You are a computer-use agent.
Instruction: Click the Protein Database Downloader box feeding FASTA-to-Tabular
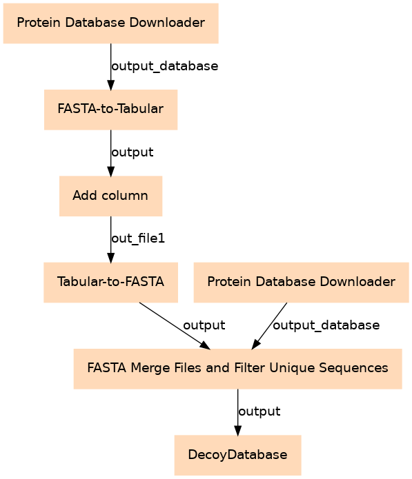(x=110, y=23)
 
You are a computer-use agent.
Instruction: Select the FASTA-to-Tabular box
(x=110, y=110)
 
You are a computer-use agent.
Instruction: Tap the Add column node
(x=110, y=196)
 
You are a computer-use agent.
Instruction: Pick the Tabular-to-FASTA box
(x=110, y=283)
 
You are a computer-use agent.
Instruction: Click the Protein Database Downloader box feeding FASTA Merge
(x=302, y=283)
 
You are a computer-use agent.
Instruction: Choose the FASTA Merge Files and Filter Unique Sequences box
(x=237, y=369)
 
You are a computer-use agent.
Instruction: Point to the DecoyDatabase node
(x=237, y=455)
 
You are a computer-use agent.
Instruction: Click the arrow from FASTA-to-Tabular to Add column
(x=110, y=153)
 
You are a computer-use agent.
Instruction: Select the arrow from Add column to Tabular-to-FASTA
(x=110, y=240)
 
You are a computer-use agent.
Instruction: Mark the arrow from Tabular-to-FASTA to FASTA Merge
(x=175, y=326)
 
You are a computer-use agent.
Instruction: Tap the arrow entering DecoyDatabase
(x=237, y=412)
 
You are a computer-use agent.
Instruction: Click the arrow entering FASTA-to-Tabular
(x=110, y=67)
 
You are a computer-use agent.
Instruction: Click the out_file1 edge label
(x=138, y=238)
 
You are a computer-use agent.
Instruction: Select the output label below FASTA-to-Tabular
(x=133, y=152)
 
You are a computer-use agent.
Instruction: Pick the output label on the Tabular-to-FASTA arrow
(x=204, y=325)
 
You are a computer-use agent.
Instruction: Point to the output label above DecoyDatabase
(x=259, y=411)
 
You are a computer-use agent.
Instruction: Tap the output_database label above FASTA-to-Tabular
(x=165, y=66)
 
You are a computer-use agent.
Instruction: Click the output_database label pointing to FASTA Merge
(x=326, y=325)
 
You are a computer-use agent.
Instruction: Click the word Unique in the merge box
(x=292, y=368)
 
